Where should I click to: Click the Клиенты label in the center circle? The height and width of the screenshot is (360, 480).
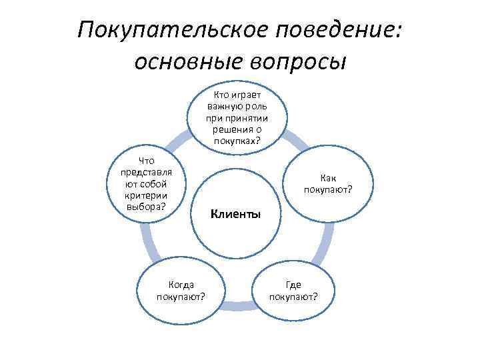(x=235, y=215)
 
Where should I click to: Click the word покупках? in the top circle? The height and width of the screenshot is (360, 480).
(x=237, y=141)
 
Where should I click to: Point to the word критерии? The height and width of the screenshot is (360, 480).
(x=145, y=195)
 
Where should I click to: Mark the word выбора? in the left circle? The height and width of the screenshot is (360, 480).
(x=145, y=205)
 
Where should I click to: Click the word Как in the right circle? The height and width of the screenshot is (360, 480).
(x=328, y=178)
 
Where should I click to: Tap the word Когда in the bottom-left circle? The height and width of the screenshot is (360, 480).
(x=181, y=285)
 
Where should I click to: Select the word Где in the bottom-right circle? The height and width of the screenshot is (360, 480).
(x=293, y=285)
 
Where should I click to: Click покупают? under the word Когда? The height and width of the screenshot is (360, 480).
(x=181, y=296)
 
